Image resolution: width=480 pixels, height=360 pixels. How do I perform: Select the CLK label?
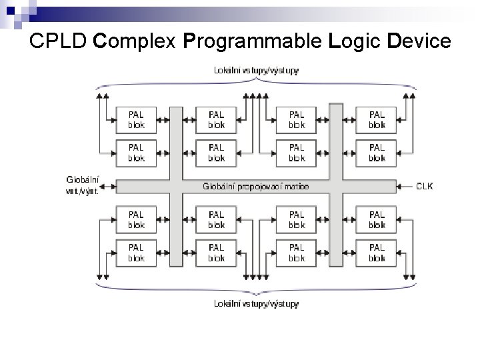coord(425,186)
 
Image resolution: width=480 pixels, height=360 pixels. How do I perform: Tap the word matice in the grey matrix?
coord(296,187)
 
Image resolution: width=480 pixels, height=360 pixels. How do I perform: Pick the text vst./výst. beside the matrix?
coord(83,191)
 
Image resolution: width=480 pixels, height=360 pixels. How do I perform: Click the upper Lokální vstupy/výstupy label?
coord(257,69)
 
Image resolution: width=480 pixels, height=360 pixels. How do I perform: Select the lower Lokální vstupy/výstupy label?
coord(257,304)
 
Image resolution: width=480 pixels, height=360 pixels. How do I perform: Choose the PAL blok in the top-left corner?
coord(136,119)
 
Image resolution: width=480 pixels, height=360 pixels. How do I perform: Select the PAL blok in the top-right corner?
coord(377,119)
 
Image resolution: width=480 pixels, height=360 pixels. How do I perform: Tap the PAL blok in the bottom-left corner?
coord(136,253)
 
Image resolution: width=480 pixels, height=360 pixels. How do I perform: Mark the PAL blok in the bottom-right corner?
coord(377,253)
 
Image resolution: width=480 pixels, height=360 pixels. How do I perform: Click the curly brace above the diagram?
coord(257,84)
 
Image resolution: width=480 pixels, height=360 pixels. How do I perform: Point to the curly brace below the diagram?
coord(257,288)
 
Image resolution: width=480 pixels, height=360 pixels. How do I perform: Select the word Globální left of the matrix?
coord(83,179)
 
